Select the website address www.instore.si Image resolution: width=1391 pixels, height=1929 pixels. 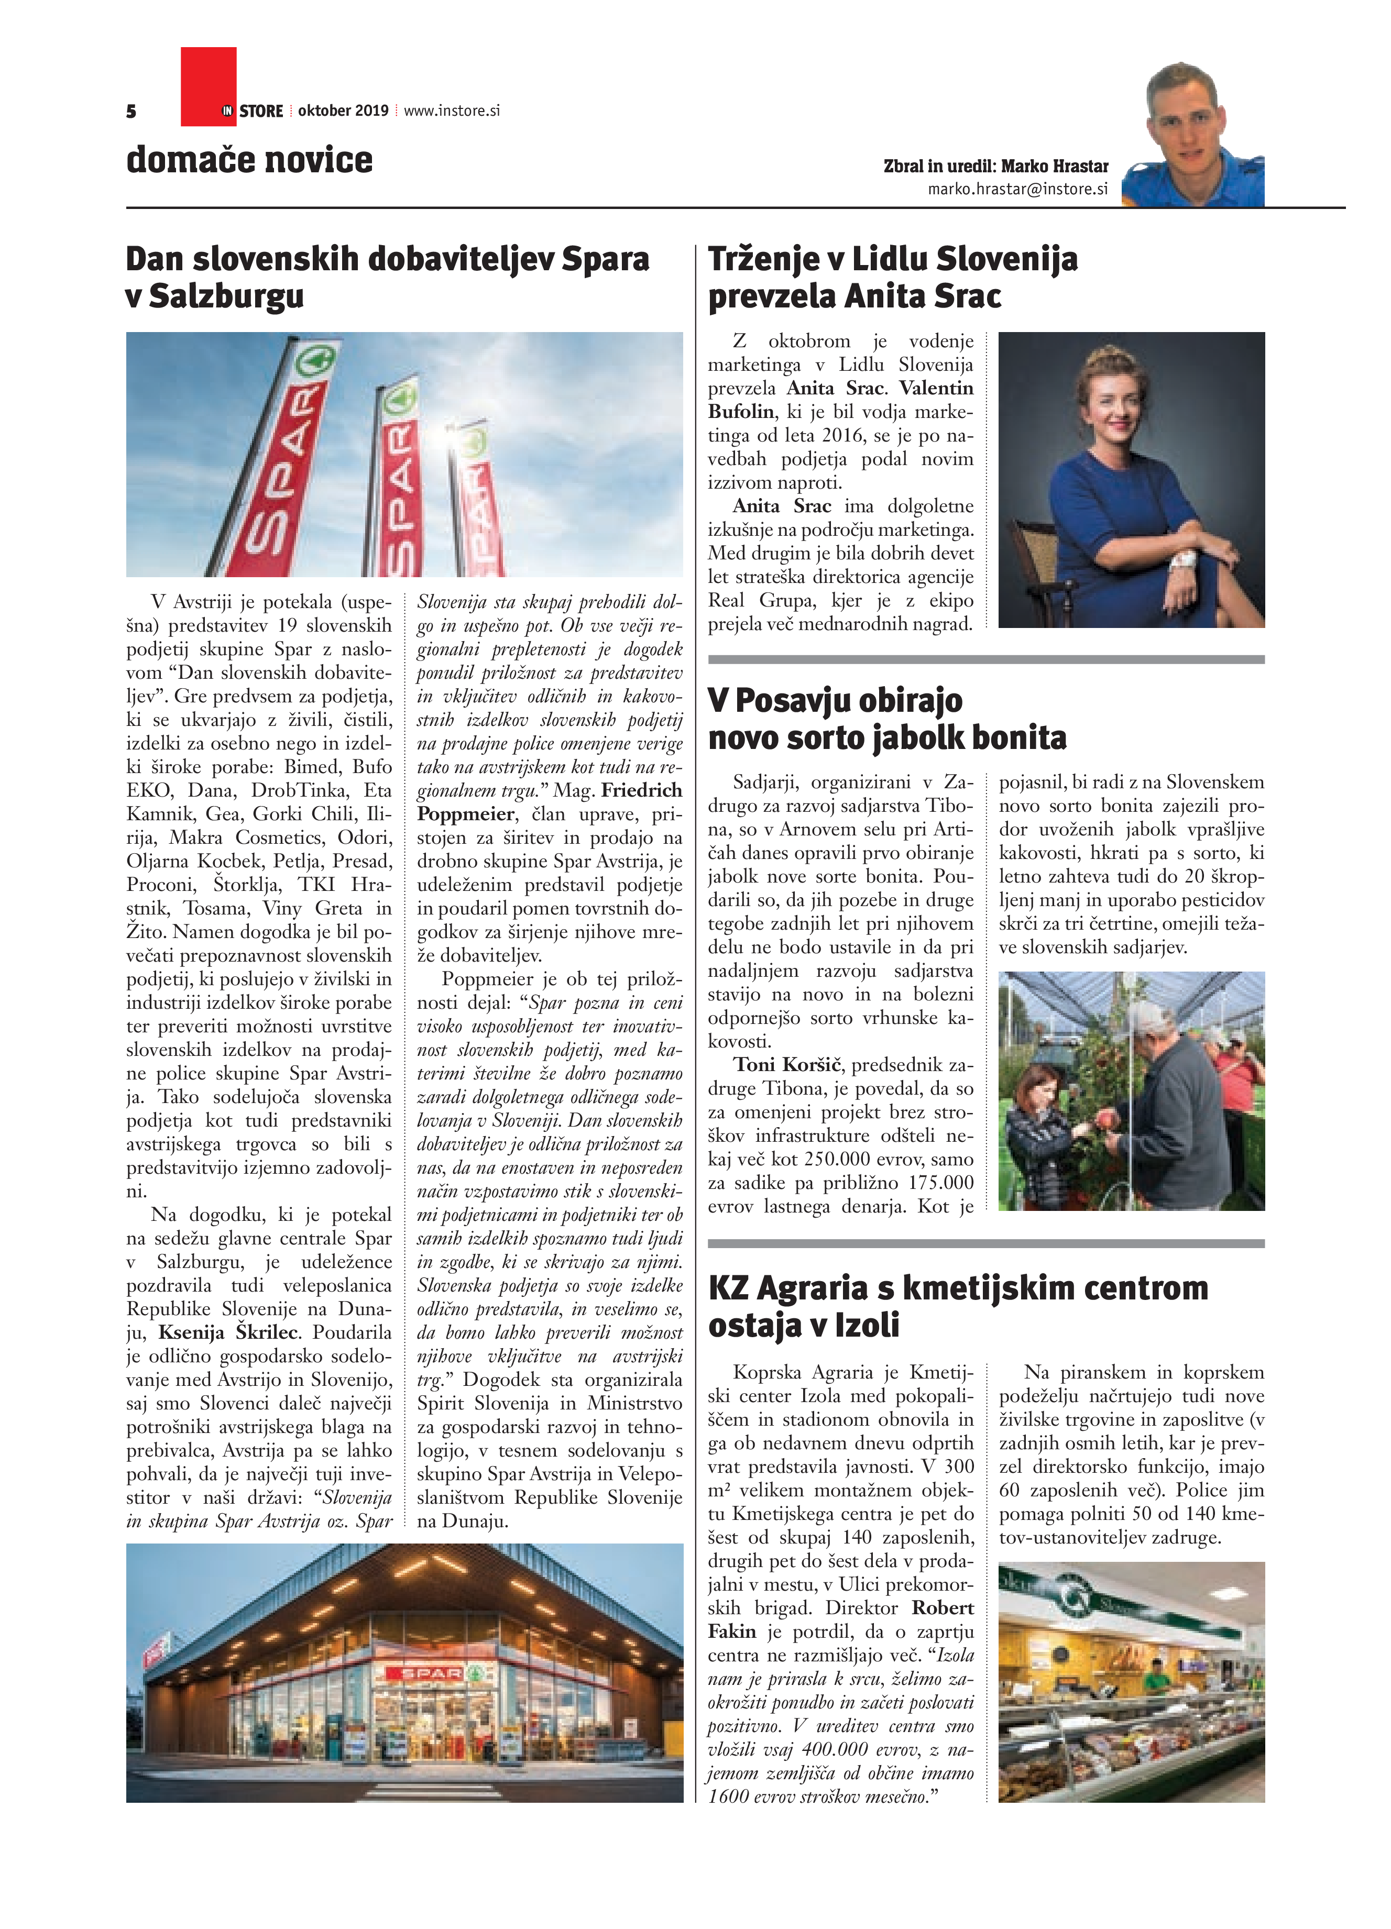[451, 111]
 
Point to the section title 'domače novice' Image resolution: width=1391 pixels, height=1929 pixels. [249, 160]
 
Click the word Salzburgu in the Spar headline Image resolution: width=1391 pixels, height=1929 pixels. [226, 296]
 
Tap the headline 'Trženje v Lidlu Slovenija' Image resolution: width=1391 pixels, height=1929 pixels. [892, 259]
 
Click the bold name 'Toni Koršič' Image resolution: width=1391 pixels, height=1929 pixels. [788, 1065]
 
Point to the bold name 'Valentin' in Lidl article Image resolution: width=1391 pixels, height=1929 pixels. [936, 388]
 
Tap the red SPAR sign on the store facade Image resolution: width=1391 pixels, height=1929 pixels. [431, 1673]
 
